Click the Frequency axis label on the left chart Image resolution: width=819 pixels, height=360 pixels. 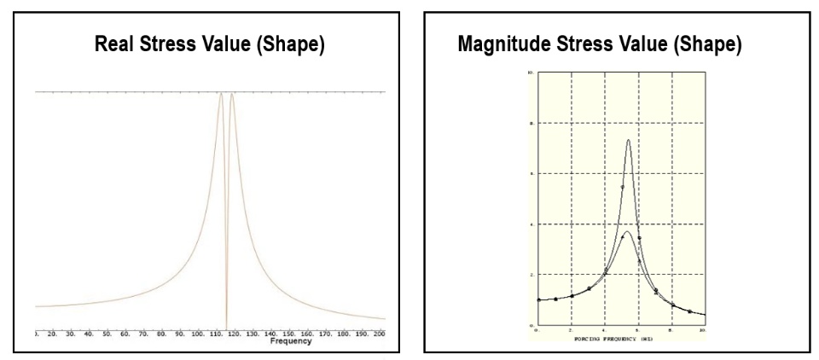pos(290,341)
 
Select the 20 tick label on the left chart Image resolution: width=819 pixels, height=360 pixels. pos(52,333)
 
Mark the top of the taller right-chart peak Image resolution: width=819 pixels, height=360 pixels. pos(628,140)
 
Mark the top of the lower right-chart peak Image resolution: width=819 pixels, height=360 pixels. pos(627,231)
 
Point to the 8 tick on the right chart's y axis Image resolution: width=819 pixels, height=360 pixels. pos(531,124)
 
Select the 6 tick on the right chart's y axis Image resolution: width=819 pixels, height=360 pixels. pos(531,174)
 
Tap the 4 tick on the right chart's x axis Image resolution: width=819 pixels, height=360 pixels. pos(604,330)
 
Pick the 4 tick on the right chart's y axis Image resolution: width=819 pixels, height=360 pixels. pos(531,224)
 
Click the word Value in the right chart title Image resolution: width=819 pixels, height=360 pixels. pos(646,46)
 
